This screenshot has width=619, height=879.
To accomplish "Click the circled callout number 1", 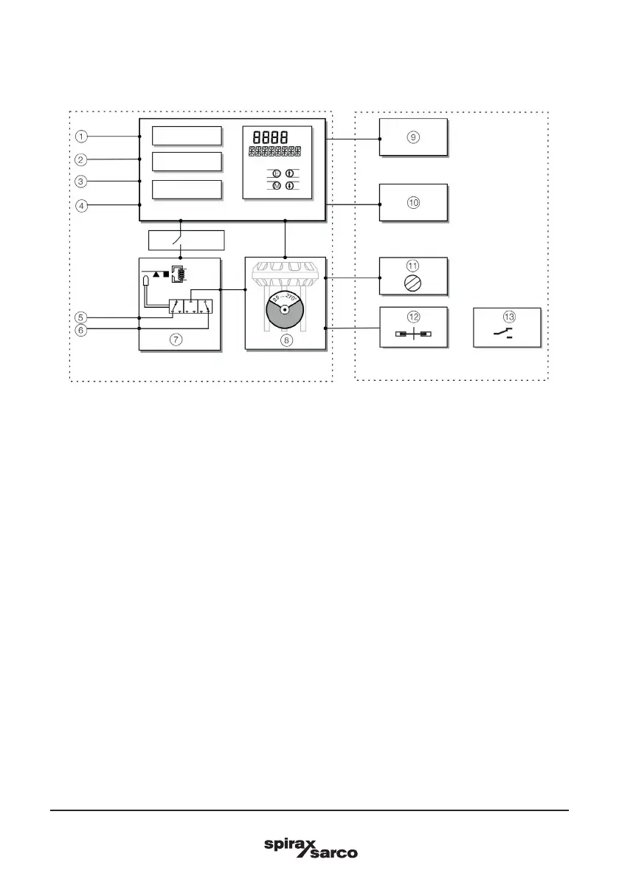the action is (82, 137).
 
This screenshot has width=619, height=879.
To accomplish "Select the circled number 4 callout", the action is (82, 205).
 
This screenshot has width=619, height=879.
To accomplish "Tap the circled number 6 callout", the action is (82, 330).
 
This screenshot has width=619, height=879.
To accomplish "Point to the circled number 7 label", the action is (175, 339).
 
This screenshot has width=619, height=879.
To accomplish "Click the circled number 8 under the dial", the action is (286, 340).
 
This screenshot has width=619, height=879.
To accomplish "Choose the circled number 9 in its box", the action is (413, 137).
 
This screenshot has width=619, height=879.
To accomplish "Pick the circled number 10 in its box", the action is (413, 201).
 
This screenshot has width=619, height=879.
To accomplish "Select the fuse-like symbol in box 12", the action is (413, 334).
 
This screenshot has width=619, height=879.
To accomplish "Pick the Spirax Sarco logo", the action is (310, 847).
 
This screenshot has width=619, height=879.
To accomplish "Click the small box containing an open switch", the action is (185, 241).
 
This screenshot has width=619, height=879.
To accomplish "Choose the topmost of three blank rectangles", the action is (187, 137).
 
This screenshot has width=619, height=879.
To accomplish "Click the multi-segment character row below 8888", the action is (276, 153).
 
